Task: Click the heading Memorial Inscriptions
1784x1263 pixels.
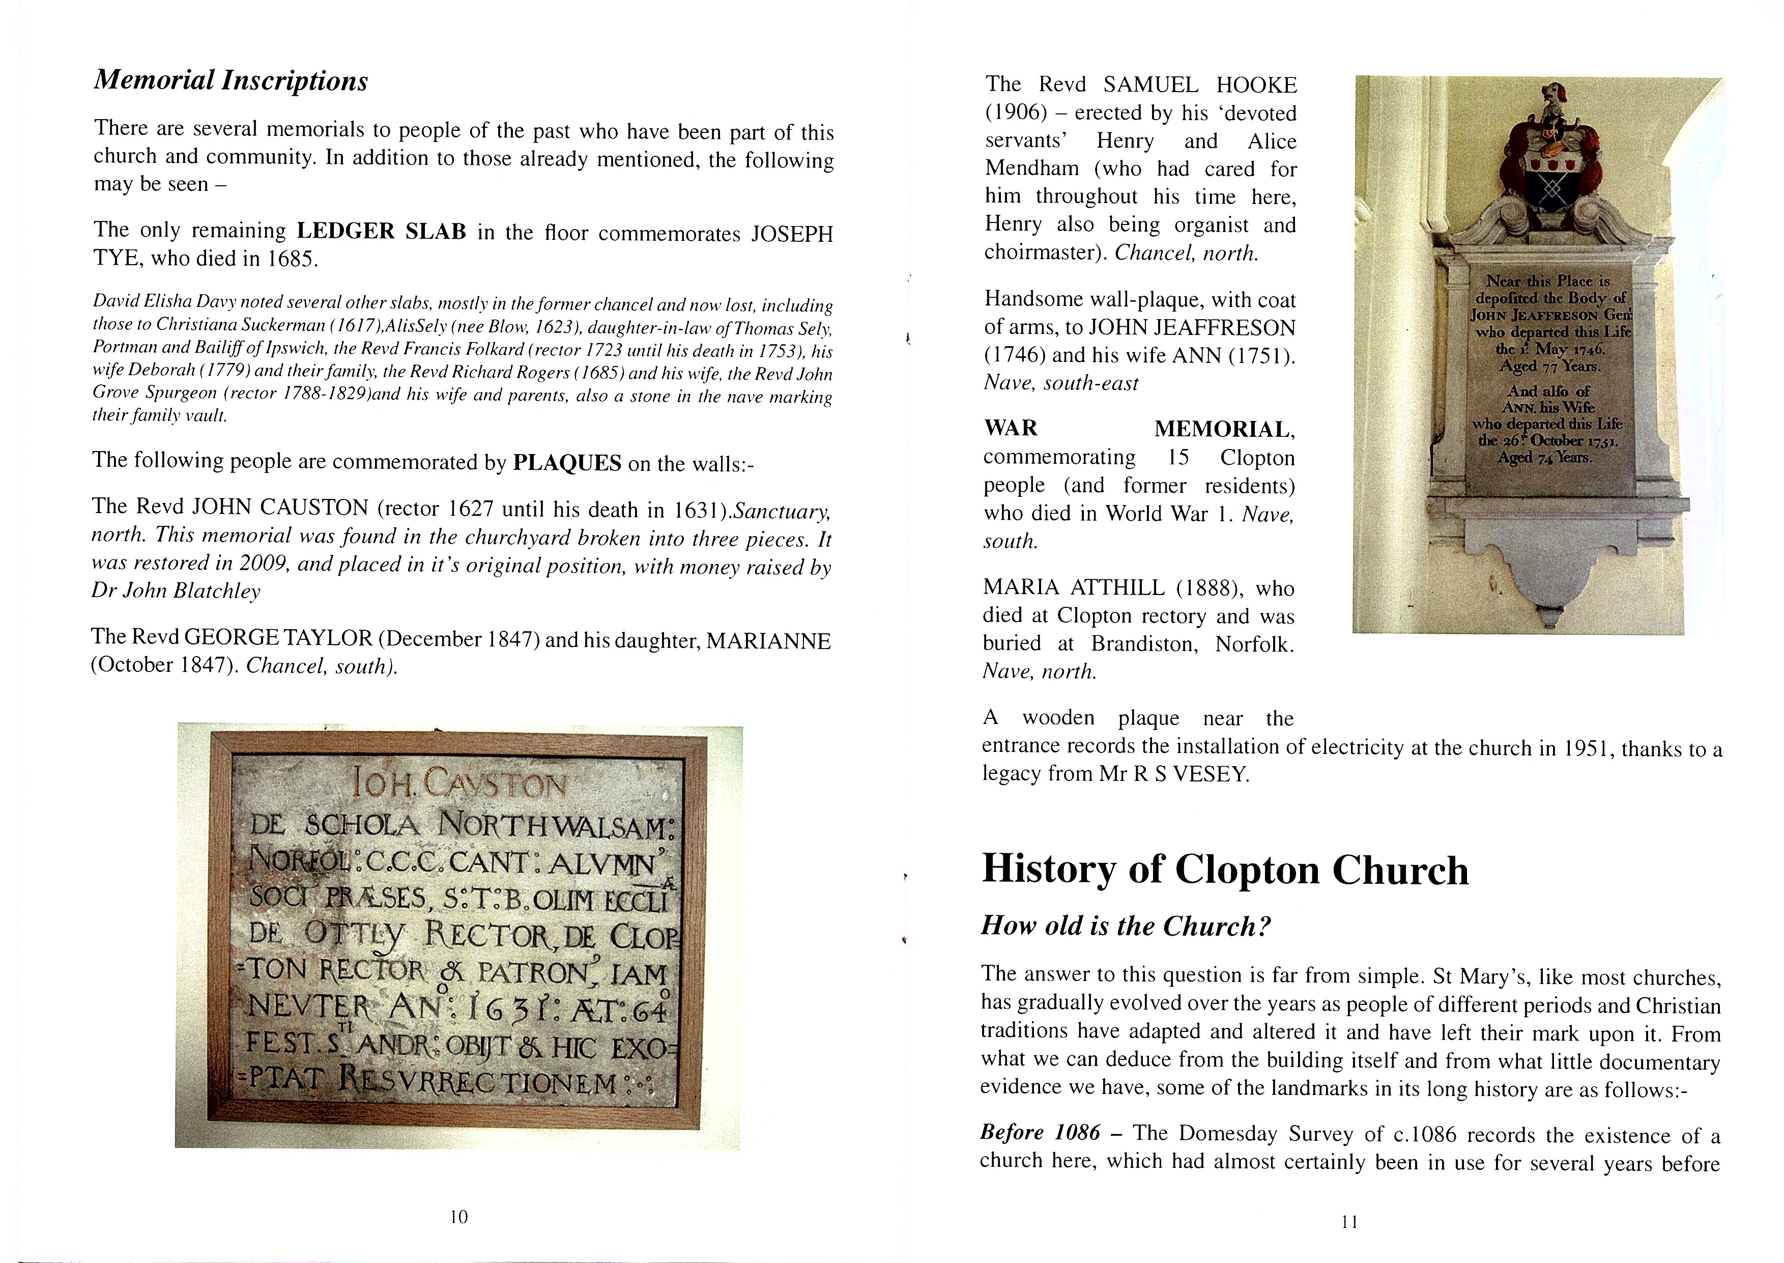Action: click(231, 80)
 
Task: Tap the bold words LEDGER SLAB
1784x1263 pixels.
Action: click(382, 231)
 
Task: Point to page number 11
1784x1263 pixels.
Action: click(1349, 1222)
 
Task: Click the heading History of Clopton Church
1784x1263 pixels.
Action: click(1225, 869)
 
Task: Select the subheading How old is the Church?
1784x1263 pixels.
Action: click(1126, 925)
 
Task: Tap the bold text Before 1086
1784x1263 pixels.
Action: click(1040, 1132)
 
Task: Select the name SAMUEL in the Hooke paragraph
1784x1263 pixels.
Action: click(1150, 85)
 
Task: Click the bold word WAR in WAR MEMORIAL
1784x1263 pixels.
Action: click(1011, 428)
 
